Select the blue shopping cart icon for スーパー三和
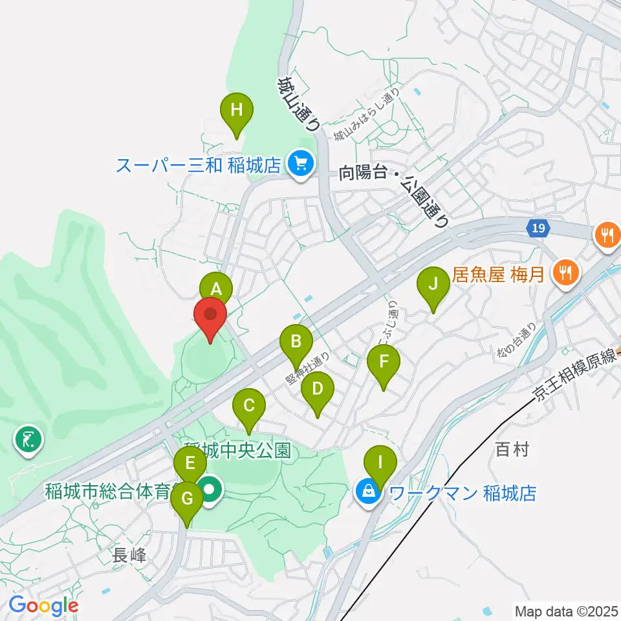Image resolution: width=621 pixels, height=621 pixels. (301, 162)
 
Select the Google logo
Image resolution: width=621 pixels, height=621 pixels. (43, 606)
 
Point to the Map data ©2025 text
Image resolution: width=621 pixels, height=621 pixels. (566, 610)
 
